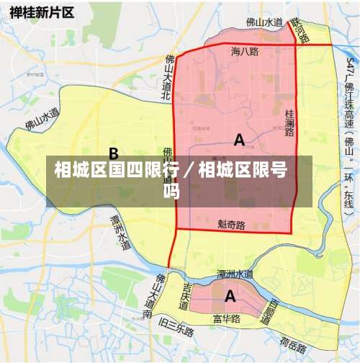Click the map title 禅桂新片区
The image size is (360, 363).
pos(41,12)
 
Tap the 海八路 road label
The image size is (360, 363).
pos(245,52)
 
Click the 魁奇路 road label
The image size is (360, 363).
pos(232,225)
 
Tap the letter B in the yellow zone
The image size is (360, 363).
pos(114,153)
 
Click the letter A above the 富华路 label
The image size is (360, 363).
pos(230,295)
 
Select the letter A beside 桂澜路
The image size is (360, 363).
pos(239,140)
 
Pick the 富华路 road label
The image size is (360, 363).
pos(226,318)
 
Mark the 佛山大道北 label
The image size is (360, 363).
pos(166,72)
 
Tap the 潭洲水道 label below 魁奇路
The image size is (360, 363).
pos(235,274)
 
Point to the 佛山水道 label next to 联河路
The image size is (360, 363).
pos(264,22)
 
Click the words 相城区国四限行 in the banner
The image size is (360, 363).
pos(114,171)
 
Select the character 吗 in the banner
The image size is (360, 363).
pos(171,192)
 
